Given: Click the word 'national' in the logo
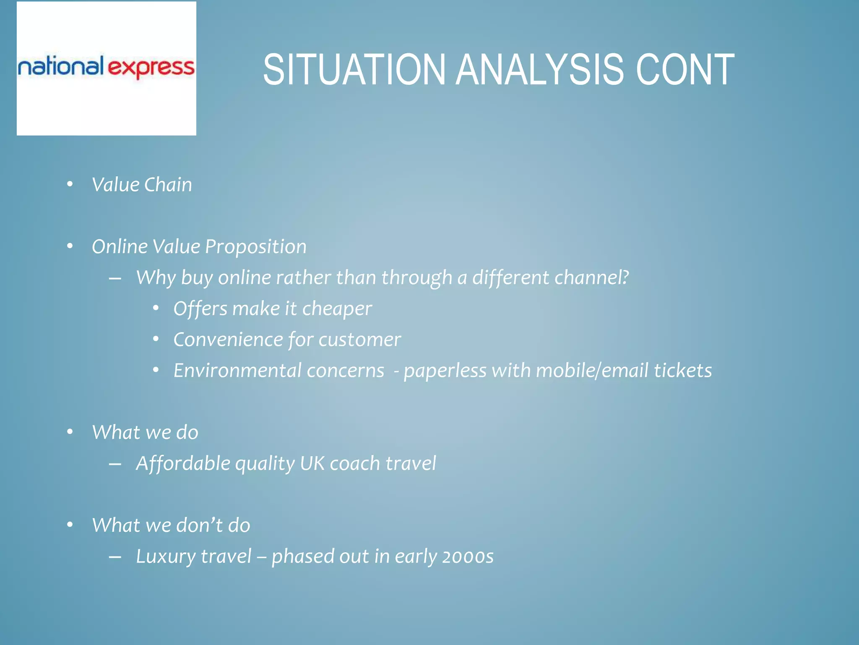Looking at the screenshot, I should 60,67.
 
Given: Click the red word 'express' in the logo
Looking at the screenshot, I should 151,68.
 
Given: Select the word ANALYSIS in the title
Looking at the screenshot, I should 540,70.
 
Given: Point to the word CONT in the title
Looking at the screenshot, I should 685,70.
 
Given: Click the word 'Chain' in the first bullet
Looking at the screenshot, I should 168,185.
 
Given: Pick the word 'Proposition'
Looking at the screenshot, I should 256,246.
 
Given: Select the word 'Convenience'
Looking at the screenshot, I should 228,340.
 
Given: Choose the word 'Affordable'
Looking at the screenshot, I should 183,464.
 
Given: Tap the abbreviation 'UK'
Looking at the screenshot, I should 312,464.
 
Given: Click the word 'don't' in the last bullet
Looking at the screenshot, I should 200,525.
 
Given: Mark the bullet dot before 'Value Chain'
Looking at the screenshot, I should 70,184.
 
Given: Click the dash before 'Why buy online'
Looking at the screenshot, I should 115,278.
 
